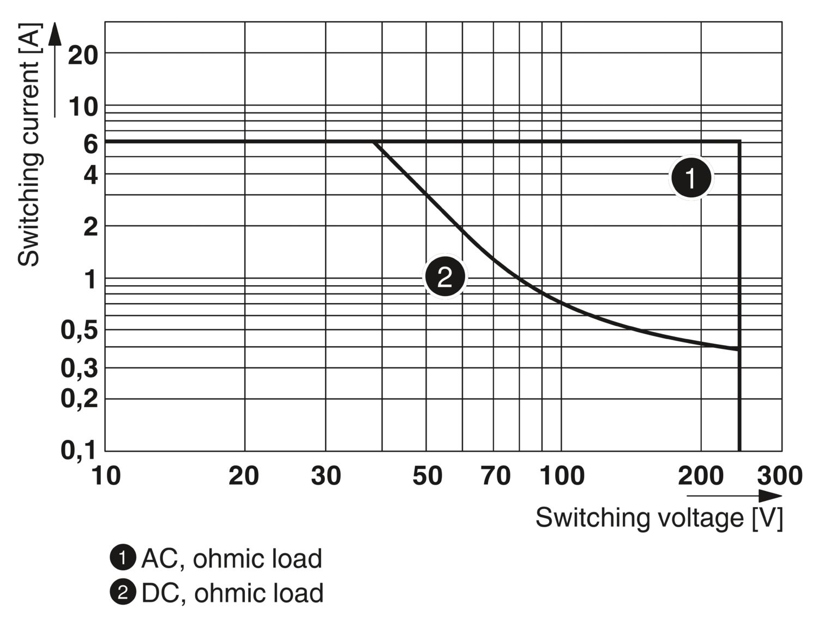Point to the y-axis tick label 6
coord(90,144)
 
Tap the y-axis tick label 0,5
coord(79,330)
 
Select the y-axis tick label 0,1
coord(79,450)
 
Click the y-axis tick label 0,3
coord(79,369)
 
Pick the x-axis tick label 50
coord(427,476)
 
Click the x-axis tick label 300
coord(779,476)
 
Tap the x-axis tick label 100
coord(562,476)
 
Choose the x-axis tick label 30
coord(326,476)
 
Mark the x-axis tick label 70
coord(495,476)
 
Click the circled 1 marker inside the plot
coord(691,178)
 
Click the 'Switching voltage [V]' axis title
coord(659,517)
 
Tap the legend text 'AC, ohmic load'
coord(232,559)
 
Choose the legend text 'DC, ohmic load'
coord(232,593)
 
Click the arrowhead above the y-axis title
coord(54,34)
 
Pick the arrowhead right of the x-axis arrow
coord(770,496)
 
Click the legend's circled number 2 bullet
coord(123,593)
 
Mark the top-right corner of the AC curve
coord(739,142)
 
